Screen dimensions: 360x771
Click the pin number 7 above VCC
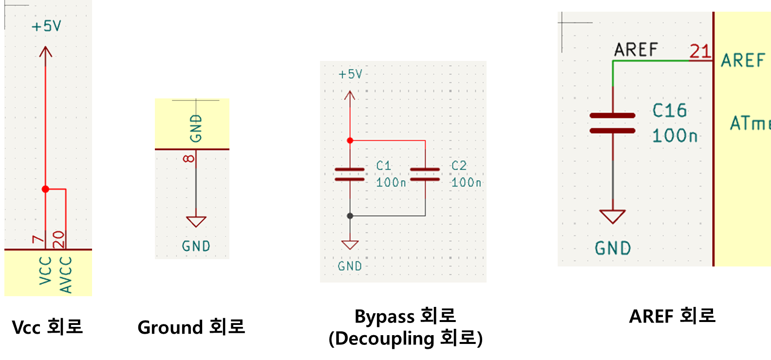coord(38,239)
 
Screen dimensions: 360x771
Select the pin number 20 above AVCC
coord(58,239)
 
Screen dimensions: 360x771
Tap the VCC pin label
coord(45,271)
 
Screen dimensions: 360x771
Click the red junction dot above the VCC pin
coord(45,189)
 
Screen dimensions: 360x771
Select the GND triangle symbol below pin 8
coord(196,222)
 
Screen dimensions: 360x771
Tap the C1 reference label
coord(384,166)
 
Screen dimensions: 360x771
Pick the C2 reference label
coord(459,166)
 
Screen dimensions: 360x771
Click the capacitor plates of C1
coord(350,174)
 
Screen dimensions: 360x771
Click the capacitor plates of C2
coord(425,174)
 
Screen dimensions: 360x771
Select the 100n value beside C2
coord(466,183)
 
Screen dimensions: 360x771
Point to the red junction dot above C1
coord(350,140)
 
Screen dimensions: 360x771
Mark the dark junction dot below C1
coord(350,215)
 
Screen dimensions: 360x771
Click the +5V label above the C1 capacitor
coord(351,74)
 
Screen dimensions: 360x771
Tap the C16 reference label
coord(670,111)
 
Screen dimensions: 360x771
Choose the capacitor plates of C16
coord(612,123)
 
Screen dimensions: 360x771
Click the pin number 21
coord(700,51)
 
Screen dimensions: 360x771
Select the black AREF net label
coord(636,49)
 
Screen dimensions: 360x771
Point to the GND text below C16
coord(613,248)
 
